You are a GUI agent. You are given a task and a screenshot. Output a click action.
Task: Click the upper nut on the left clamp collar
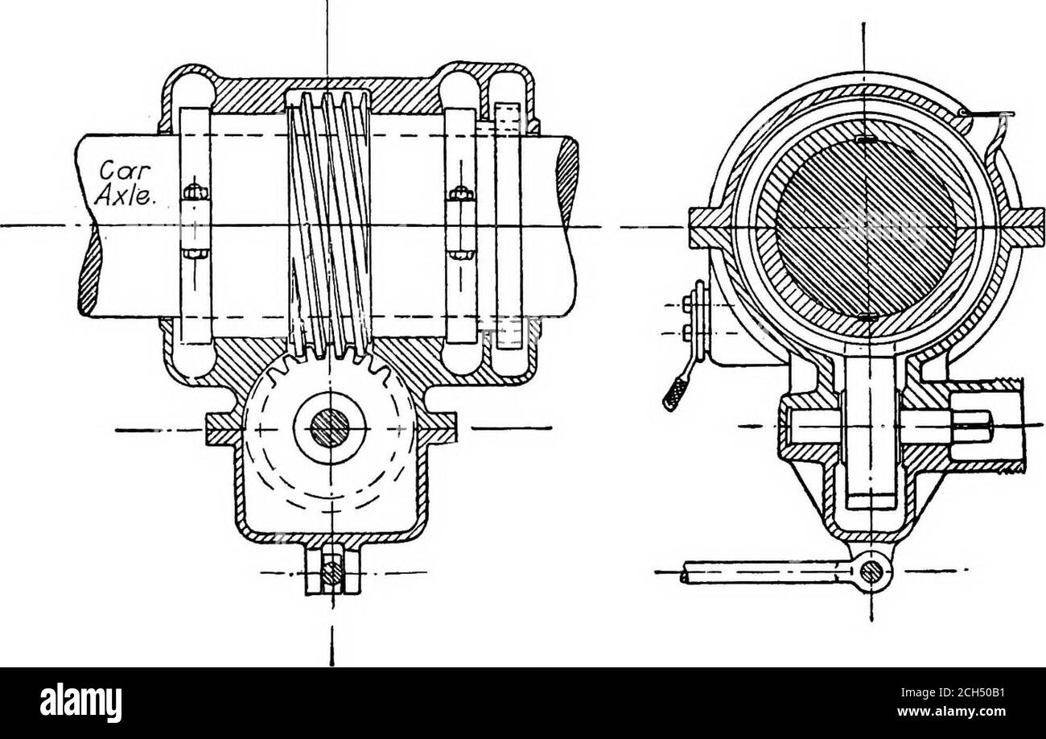tap(193, 194)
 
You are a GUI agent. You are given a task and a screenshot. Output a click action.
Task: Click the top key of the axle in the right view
tap(864, 140)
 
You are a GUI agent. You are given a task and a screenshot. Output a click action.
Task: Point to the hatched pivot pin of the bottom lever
tap(869, 573)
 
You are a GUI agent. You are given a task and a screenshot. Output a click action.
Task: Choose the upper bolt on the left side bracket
tap(686, 304)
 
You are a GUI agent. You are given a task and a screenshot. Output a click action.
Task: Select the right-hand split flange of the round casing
tap(1022, 225)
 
